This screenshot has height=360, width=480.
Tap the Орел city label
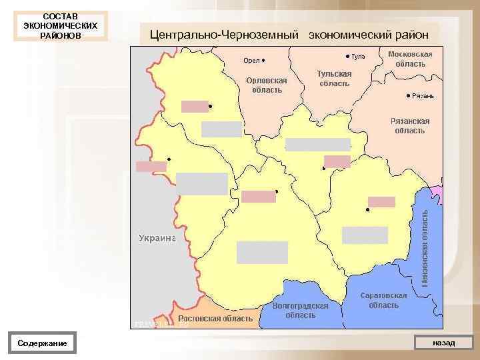click(x=251, y=61)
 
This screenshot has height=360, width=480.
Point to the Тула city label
click(x=359, y=57)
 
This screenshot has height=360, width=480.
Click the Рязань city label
click(x=423, y=96)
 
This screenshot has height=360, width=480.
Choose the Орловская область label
click(x=266, y=85)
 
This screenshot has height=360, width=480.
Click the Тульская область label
click(x=334, y=79)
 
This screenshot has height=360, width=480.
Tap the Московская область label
click(x=410, y=59)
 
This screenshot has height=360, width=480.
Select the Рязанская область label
click(x=409, y=126)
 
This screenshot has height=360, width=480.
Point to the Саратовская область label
click(x=383, y=300)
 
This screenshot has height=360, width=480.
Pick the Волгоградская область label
click(x=301, y=310)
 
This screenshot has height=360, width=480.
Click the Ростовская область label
click(x=215, y=319)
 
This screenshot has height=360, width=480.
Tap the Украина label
click(x=157, y=237)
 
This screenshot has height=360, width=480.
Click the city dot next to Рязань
click(x=408, y=96)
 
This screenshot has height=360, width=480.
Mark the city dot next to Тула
click(x=347, y=57)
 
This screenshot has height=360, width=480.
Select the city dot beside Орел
click(x=264, y=61)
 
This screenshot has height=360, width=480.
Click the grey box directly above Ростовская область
click(x=262, y=253)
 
